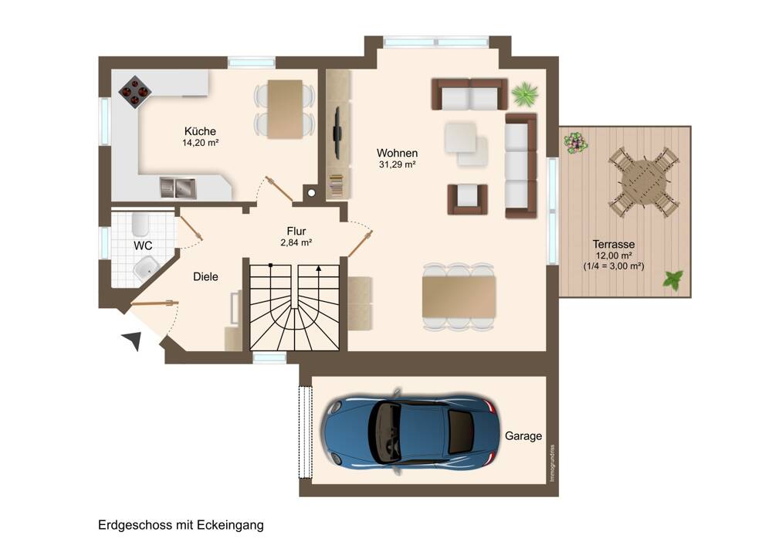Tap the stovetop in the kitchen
tap(134, 92)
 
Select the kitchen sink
tap(178, 188)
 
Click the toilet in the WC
tap(141, 224)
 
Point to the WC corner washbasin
tap(145, 269)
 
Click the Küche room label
tap(200, 131)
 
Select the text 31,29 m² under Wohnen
tap(398, 165)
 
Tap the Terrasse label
tap(614, 244)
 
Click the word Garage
tap(523, 436)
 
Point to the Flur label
tap(296, 231)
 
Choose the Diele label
tap(205, 276)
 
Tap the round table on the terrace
tap(644, 181)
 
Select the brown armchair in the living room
tap(467, 199)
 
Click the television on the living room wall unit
tap(338, 132)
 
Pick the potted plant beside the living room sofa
tap(525, 94)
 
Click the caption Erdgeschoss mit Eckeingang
tap(181, 525)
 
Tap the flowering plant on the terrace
tap(575, 143)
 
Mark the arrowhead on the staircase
tap(319, 269)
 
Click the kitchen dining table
tap(285, 110)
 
